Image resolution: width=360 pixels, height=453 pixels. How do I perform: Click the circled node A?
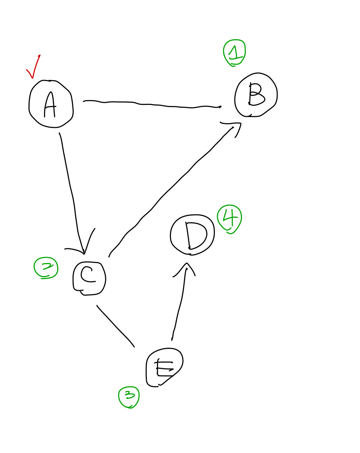51,104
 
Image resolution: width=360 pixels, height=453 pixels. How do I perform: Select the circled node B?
256,95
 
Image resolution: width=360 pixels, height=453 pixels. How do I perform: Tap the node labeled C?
89,278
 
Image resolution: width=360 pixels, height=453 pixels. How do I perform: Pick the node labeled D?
192,235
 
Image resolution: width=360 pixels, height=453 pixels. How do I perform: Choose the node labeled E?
164,367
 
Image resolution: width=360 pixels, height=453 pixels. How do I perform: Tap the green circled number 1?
234,53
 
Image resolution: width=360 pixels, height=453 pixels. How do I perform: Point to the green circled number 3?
129,397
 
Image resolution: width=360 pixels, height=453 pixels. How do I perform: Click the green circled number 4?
229,219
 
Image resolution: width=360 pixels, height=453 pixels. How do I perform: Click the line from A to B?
151,105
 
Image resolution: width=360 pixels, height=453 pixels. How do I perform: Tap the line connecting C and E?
115,326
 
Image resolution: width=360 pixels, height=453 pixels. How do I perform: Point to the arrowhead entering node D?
186,268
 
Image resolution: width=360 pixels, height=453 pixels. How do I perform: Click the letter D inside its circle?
195,235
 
